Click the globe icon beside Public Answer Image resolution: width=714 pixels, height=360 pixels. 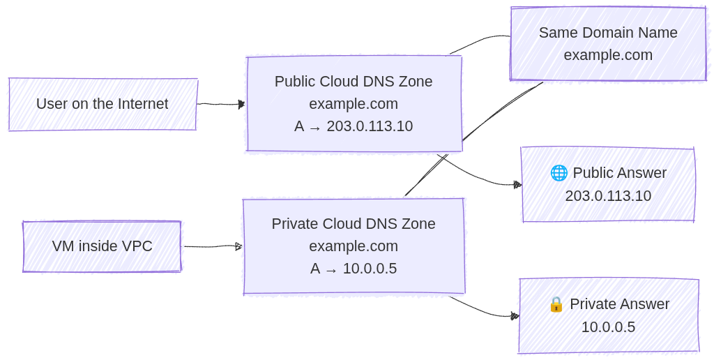[559, 173]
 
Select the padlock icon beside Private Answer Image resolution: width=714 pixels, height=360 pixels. [556, 304]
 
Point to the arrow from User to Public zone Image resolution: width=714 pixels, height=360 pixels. [220, 104]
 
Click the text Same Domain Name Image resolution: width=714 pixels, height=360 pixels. [608, 33]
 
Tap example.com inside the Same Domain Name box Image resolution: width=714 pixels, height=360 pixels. [608, 55]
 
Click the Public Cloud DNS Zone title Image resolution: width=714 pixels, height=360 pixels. [354, 82]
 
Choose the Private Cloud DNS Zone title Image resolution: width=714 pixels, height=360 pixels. [354, 224]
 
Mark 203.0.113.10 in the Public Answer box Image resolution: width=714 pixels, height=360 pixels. [608, 196]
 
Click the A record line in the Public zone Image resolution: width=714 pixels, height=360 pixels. [354, 126]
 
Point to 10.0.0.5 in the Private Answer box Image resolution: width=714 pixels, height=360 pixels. [608, 327]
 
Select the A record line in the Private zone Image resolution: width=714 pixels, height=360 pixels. [354, 269]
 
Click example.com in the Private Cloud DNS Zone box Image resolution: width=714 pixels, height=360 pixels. [354, 246]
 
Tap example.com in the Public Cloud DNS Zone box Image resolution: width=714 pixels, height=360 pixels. [354, 104]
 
